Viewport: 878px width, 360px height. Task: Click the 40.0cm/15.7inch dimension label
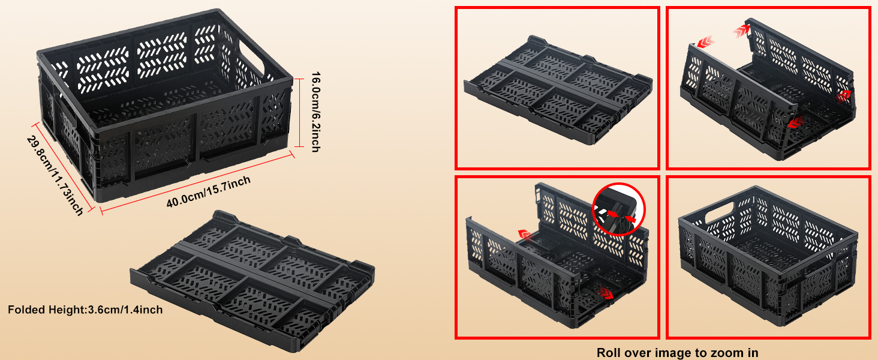(x=208, y=191)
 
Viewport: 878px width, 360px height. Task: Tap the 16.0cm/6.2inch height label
(x=315, y=112)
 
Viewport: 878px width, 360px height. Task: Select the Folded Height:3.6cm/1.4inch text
(x=85, y=310)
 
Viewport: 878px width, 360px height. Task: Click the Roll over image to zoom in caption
(x=677, y=353)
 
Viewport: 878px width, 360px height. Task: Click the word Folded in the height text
(x=25, y=310)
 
